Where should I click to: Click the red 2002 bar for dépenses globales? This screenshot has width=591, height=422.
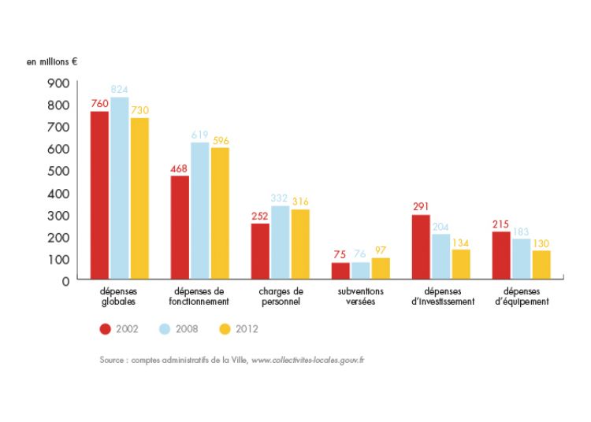point(99,194)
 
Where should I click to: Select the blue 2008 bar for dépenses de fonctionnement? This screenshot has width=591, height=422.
point(199,210)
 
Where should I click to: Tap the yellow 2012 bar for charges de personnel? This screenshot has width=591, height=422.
point(299,243)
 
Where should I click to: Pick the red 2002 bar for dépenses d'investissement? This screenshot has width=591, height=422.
point(421,246)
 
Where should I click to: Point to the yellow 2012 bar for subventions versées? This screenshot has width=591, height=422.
point(381,268)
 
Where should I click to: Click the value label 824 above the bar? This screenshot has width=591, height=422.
point(120,90)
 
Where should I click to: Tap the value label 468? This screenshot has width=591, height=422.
point(180,168)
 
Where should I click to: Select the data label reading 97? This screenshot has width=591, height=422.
point(381,250)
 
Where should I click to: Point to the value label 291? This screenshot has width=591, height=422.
point(421,207)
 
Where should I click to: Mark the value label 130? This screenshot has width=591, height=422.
point(541,242)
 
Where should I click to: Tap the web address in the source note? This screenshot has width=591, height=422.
point(308,360)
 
